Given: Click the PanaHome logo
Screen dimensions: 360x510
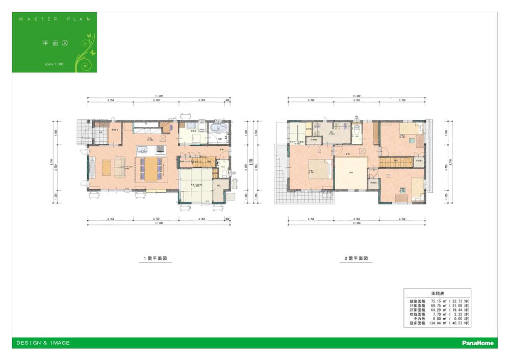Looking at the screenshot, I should pyautogui.click(x=477, y=343).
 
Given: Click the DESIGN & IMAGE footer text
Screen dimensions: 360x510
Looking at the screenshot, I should pyautogui.click(x=43, y=343).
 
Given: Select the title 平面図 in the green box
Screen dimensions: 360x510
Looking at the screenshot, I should pyautogui.click(x=51, y=43).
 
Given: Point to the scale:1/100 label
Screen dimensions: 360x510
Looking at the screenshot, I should pyautogui.click(x=54, y=65).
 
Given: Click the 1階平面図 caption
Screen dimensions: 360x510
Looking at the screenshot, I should pyautogui.click(x=153, y=259).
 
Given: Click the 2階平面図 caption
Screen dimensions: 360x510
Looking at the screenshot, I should pyautogui.click(x=355, y=259).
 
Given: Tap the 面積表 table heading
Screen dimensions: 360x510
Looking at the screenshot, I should pyautogui.click(x=437, y=295).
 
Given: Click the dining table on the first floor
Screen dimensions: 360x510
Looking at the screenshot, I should pyautogui.click(x=150, y=167).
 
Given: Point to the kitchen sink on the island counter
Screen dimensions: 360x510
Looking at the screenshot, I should pyautogui.click(x=142, y=149).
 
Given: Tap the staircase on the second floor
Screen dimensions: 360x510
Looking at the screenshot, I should pyautogui.click(x=395, y=162).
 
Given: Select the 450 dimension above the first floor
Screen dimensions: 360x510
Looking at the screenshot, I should pyautogui.click(x=227, y=100).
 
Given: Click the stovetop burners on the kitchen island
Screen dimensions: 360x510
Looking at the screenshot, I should pyautogui.click(x=160, y=149).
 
